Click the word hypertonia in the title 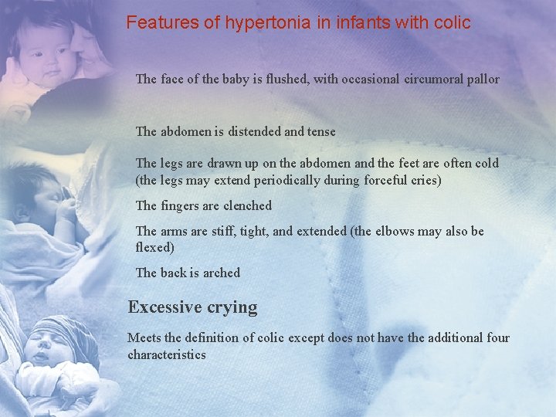point(268,23)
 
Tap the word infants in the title point(362,23)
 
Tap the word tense point(321,131)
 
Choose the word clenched point(247,205)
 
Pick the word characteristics point(167,354)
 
